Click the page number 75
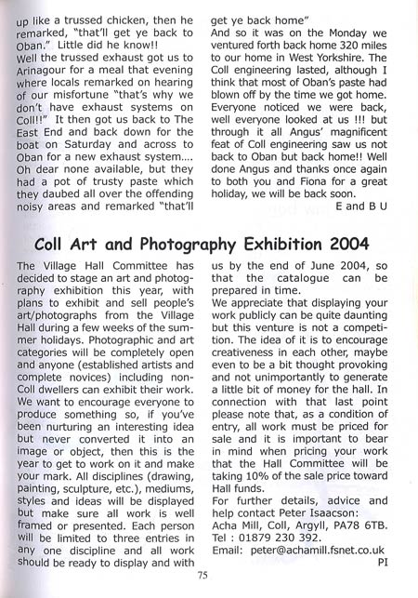[202, 577]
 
